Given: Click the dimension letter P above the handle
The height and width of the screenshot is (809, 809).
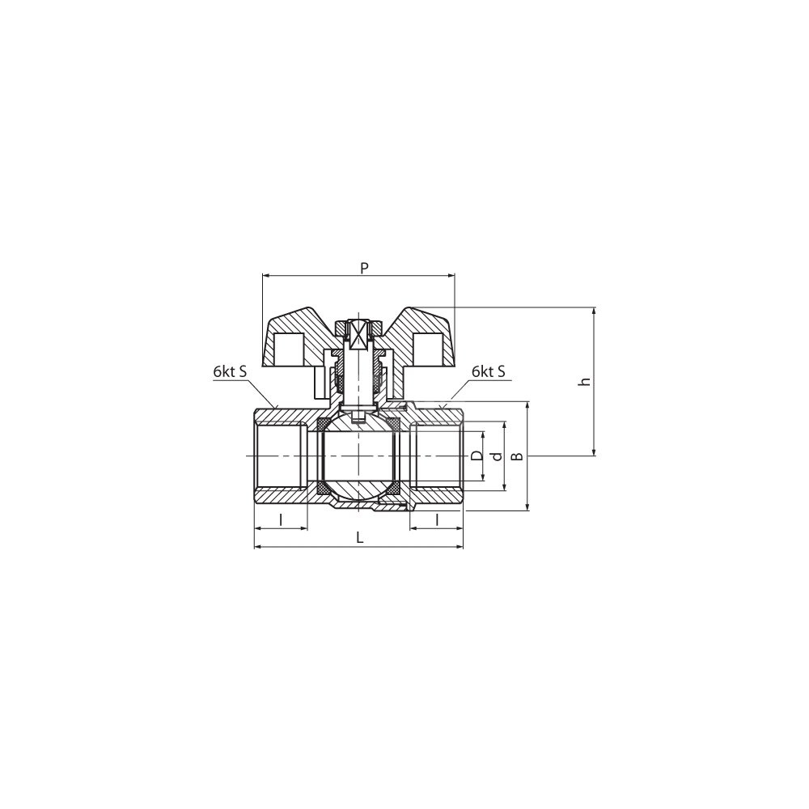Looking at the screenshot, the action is point(364,268).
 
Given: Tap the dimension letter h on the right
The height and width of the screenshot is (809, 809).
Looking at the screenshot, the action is point(585,382).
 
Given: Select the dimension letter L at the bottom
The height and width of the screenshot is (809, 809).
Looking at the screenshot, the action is point(360,538).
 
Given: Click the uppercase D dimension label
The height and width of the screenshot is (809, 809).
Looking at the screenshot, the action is point(477,455).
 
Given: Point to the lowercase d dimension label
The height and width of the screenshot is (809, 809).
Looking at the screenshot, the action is point(497,456).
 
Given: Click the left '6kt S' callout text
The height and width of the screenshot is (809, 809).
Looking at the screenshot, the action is point(230,372).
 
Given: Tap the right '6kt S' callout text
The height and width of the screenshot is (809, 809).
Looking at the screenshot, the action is point(489,371).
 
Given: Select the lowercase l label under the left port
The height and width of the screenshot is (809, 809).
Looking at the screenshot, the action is point(281,519).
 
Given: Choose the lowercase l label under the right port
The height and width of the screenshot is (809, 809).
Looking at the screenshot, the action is point(437,519).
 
